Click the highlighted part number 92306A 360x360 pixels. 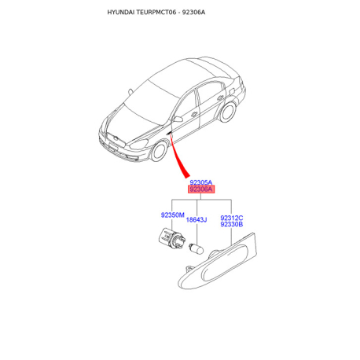[201, 189]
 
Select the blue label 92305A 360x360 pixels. [201, 182]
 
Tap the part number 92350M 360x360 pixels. [173, 215]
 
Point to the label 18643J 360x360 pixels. [197, 219]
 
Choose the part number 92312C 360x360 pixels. [232, 218]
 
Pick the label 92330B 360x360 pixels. [232, 224]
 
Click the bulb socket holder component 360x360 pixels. [172, 238]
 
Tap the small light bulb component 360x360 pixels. [197, 248]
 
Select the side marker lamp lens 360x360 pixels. [218, 261]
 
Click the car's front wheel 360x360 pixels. [160, 152]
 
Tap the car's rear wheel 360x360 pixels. [227, 112]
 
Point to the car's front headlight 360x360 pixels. [139, 144]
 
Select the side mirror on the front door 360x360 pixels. [177, 119]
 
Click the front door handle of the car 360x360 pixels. [194, 114]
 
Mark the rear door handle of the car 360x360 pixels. [220, 97]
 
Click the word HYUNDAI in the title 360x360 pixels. [121, 13]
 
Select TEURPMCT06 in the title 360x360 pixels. [156, 13]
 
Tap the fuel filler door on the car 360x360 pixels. [232, 91]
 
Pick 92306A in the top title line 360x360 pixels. [193, 13]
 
